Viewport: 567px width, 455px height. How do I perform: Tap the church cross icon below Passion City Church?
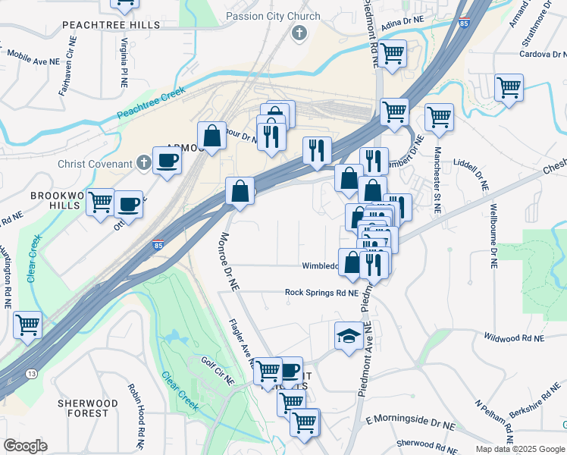coord(299,33)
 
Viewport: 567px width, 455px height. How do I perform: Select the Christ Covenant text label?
coord(96,164)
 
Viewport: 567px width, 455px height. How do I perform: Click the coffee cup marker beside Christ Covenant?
coord(166,160)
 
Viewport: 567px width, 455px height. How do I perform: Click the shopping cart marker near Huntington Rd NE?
coord(27,325)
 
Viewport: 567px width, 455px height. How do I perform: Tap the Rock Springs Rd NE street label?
coord(321,292)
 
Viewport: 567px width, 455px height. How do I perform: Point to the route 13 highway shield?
coord(32,373)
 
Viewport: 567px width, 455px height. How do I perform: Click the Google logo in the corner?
coord(25,445)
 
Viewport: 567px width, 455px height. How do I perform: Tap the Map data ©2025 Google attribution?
coord(519,449)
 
